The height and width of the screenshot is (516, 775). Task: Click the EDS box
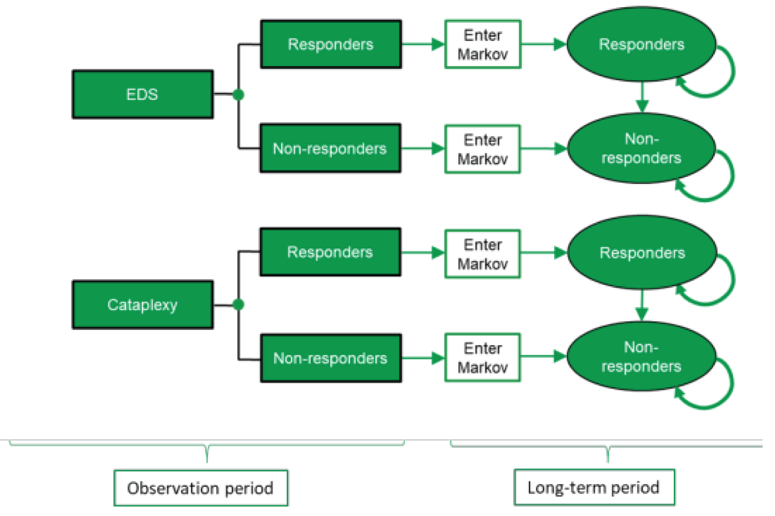pos(142,94)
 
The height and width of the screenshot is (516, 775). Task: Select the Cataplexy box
pos(142,305)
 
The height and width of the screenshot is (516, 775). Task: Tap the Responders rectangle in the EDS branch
pos(331,44)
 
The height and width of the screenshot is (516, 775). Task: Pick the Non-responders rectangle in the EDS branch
pos(330,149)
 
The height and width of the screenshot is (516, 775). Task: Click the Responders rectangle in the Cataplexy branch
pos(330,252)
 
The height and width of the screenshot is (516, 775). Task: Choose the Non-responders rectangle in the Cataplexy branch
pos(331,358)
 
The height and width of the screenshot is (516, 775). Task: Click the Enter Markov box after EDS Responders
pos(483,44)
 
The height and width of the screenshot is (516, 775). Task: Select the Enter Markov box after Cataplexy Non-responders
pos(483,357)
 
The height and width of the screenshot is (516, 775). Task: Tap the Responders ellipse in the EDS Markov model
pos(641,44)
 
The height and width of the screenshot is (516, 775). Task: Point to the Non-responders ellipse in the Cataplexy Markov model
pos(641,357)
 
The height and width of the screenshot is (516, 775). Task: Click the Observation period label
pos(201,488)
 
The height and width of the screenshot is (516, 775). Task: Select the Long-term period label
pos(594,487)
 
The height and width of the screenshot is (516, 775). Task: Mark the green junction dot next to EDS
pos(239,95)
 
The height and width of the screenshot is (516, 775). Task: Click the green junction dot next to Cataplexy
pos(239,305)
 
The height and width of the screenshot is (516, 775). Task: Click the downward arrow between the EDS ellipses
pos(642,97)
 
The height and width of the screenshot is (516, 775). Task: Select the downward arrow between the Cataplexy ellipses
pos(642,306)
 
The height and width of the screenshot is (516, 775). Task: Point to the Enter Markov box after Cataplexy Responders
pos(483,254)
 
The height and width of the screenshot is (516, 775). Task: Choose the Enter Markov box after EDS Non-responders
pos(483,149)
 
